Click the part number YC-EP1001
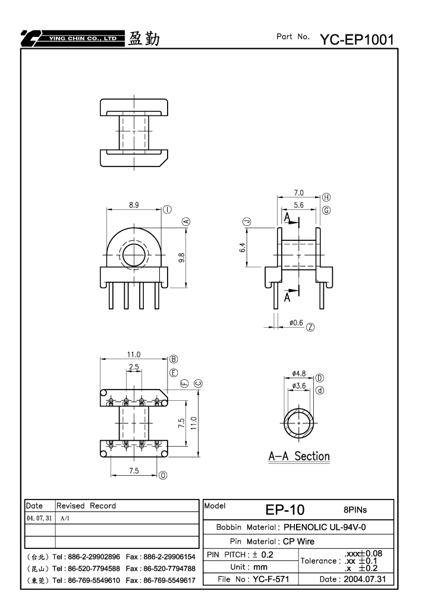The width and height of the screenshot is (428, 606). pos(357,39)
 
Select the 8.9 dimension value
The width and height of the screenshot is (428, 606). pos(134,205)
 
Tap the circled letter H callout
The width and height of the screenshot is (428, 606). pos(326,197)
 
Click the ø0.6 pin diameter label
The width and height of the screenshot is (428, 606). pos(296,323)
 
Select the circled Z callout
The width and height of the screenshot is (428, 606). pos(310,327)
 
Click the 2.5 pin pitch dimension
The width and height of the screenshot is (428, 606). pos(134,367)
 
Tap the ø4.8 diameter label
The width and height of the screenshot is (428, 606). pos(299,373)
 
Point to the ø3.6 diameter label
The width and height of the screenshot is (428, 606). pos(299,386)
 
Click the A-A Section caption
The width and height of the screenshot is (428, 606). pos(299,456)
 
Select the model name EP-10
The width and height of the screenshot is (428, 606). pos(285,510)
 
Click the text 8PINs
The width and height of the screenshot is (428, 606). pos(355,510)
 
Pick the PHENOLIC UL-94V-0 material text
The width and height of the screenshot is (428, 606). pos(325,527)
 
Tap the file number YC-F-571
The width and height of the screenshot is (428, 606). pos(270,579)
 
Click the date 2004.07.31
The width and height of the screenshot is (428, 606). pos(364,579)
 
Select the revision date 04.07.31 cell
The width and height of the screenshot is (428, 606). pos(39,518)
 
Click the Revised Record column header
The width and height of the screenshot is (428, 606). pos(86,506)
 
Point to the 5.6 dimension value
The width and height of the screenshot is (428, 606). pos(298,205)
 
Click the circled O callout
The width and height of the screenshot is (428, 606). pos(163,475)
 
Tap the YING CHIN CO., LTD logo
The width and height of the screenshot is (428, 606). pos(73,38)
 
